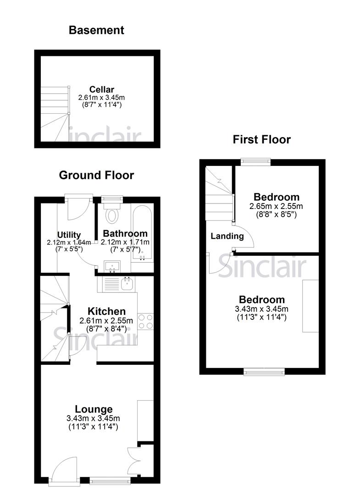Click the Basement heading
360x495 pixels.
pos(96,31)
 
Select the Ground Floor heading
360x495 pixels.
pos(96,175)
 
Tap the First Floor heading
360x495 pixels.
pos(261,139)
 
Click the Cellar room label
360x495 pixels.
pos(101,89)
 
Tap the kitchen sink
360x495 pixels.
pos(126,285)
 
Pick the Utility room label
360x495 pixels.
pos(69,235)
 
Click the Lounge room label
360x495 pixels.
pos(94,409)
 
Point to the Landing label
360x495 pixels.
pos(227,236)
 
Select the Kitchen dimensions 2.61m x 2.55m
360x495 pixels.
pos(106,320)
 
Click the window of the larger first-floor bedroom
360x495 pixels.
pos(264,371)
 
